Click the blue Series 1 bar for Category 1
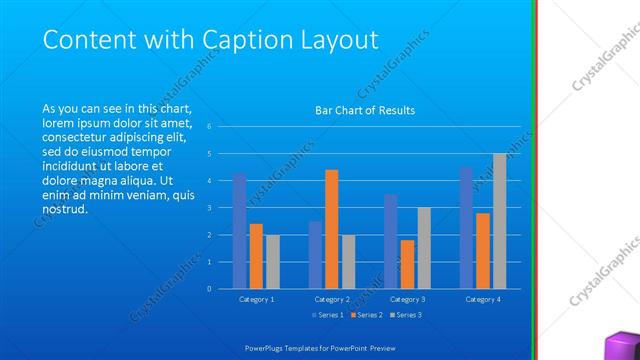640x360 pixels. pyautogui.click(x=239, y=231)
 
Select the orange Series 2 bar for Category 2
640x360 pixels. pyautogui.click(x=332, y=229)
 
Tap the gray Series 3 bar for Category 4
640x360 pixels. pyautogui.click(x=499, y=221)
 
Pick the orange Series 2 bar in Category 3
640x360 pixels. pyautogui.click(x=407, y=264)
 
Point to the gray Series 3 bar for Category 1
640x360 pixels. pyautogui.click(x=272, y=262)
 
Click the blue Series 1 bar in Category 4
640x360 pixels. pyautogui.click(x=466, y=228)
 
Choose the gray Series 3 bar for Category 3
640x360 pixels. pyautogui.click(x=424, y=248)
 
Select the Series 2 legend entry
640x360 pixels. pyautogui.click(x=365, y=315)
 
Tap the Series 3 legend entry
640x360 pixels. pyautogui.click(x=405, y=315)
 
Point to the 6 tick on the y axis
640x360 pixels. pyautogui.click(x=209, y=127)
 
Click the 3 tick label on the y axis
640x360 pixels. pyautogui.click(x=209, y=208)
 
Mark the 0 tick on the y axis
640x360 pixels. pyautogui.click(x=209, y=289)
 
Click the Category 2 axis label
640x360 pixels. pyautogui.click(x=332, y=299)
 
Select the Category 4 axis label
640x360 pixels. pyautogui.click(x=483, y=299)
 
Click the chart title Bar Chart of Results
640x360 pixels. pyautogui.click(x=365, y=110)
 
